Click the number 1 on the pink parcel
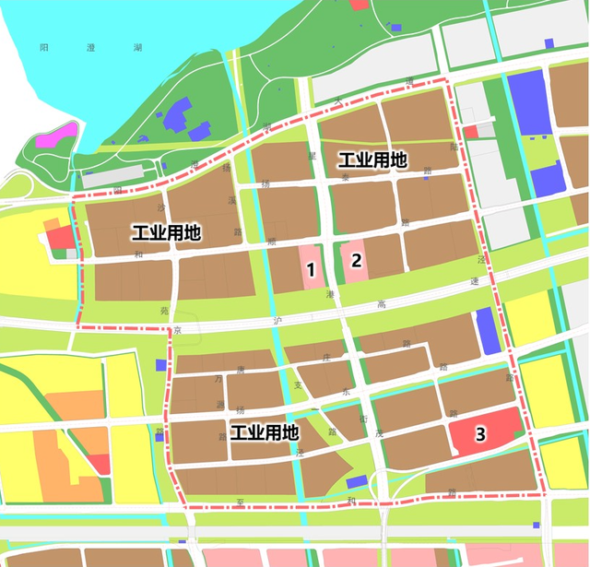click(x=312, y=270)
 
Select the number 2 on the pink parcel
click(x=356, y=260)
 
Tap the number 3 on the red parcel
click(x=479, y=433)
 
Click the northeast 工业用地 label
click(x=372, y=159)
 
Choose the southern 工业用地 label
click(x=265, y=432)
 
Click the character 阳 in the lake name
click(x=45, y=46)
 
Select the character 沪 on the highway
click(x=277, y=321)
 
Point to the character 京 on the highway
click(x=179, y=329)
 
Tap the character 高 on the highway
click(x=381, y=304)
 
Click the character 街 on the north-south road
click(x=364, y=418)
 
